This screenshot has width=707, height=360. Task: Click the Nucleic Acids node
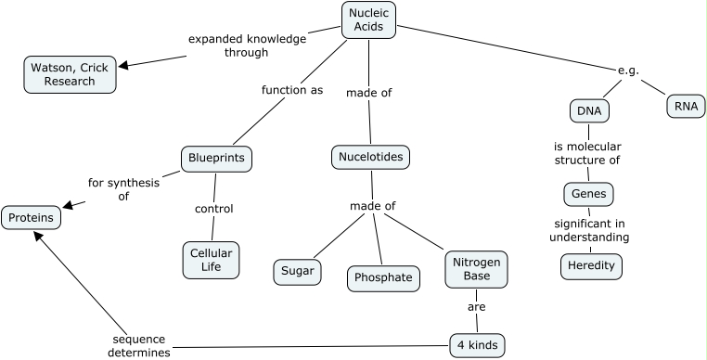[x=369, y=19]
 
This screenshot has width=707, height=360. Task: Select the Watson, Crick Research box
[x=71, y=74]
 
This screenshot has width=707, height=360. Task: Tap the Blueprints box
[x=216, y=159]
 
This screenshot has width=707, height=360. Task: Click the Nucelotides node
[x=370, y=158]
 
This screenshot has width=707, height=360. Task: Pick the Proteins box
[x=32, y=218]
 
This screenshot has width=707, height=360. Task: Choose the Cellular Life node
[x=211, y=260]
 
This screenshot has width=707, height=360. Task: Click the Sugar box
[x=297, y=272]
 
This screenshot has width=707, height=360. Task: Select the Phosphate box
[x=383, y=277]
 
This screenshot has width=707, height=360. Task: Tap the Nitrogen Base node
[x=476, y=269]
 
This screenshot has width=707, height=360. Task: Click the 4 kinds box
[x=478, y=346]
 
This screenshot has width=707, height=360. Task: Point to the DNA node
[x=588, y=111]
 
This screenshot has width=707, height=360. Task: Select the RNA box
[x=685, y=106]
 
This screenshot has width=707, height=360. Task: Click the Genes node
[x=588, y=194]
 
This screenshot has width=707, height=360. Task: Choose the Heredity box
[x=591, y=266]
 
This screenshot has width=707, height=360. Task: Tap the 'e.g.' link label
[x=628, y=71]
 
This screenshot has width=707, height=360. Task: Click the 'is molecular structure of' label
[x=587, y=153]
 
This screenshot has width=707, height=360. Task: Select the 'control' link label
[x=213, y=209]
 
